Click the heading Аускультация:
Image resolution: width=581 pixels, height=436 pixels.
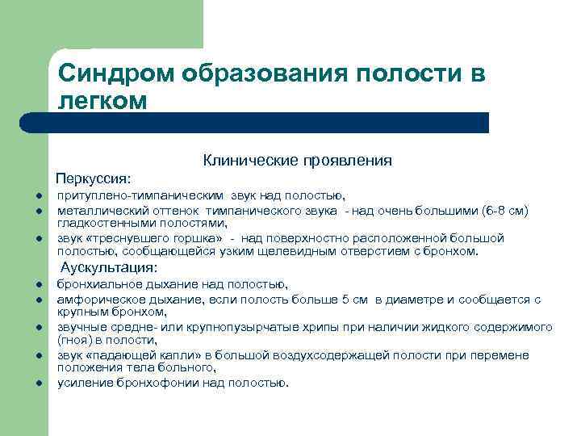pyautogui.click(x=109, y=267)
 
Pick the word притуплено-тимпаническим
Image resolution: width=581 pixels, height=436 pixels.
pyautogui.click(x=141, y=195)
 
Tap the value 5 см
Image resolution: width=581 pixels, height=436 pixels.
pyautogui.click(x=354, y=300)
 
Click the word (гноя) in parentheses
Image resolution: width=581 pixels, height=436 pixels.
pyautogui.click(x=73, y=341)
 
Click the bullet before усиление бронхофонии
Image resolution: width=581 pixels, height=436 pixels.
pyautogui.click(x=38, y=384)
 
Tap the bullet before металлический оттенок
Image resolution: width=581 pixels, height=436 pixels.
pyautogui.click(x=38, y=211)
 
